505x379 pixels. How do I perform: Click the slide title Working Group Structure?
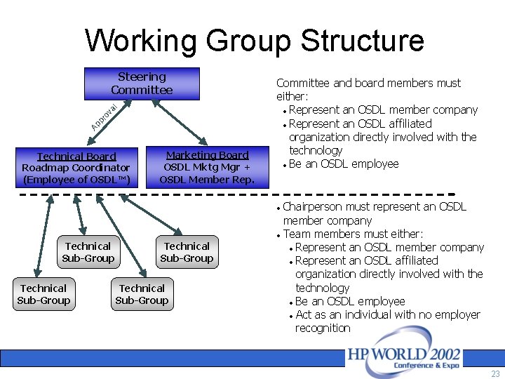tap(254, 40)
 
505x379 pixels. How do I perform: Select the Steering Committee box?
tap(142, 84)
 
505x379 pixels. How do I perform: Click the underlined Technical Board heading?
tap(76, 157)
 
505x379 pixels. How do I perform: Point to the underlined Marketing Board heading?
tap(207, 155)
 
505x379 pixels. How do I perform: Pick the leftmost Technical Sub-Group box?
tap(43, 295)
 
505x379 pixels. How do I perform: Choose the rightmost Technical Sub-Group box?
tap(187, 252)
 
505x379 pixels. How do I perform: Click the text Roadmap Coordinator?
tap(76, 168)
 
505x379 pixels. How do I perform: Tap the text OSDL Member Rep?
tap(206, 180)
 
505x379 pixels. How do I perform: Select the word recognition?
tap(323, 328)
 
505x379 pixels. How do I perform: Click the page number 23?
tap(495, 374)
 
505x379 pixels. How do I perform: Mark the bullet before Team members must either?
tap(279, 234)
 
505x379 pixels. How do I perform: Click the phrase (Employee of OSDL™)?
tap(76, 180)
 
